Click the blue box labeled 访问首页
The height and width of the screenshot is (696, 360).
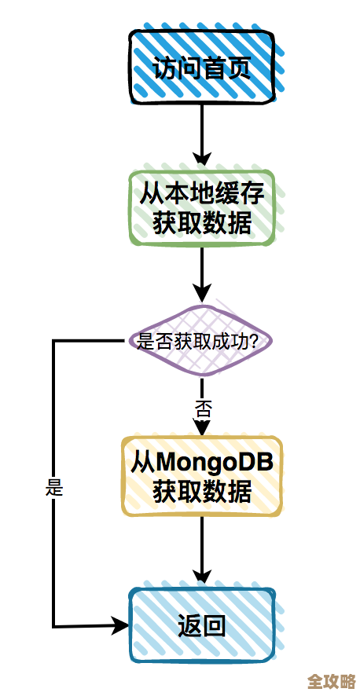(202, 68)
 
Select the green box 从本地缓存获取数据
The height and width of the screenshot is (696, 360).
(202, 207)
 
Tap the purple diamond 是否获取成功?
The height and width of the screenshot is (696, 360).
(203, 340)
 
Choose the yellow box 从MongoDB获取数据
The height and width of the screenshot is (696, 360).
(202, 477)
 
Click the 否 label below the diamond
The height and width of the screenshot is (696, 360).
(203, 408)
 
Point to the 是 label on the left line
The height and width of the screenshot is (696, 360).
(54, 487)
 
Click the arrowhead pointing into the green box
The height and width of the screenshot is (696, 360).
(203, 160)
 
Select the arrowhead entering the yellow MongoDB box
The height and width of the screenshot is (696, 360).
(203, 428)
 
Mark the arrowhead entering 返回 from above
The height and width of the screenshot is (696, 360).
(203, 577)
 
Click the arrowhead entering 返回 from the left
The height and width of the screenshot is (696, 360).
(120, 625)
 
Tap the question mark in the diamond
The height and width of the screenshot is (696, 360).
(266, 340)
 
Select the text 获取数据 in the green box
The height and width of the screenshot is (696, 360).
(202, 223)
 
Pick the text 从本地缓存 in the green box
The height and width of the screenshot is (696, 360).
(202, 192)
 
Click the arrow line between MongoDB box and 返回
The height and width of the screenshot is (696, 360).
(203, 546)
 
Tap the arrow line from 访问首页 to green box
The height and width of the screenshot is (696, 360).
(203, 130)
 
